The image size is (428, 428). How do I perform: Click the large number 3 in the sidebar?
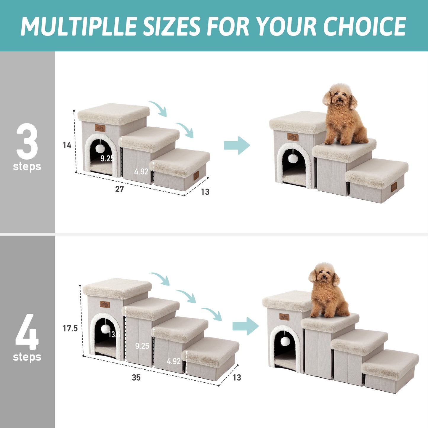coord(27,142)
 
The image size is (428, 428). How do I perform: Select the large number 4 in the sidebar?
coord(27,332)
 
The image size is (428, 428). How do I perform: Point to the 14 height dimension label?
coord(67,145)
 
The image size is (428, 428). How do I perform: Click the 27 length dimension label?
coord(119,189)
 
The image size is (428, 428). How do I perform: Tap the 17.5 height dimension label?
coord(70,328)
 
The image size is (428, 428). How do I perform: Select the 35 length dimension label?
coord(136,378)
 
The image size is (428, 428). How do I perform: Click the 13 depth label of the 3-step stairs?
coord(205,192)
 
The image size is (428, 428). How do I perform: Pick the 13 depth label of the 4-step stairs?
coord(237,378)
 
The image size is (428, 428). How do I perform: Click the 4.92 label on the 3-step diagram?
coord(141,171)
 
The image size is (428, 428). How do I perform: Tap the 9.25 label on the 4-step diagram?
coord(142,346)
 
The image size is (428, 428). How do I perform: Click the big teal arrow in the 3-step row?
coord(237,145)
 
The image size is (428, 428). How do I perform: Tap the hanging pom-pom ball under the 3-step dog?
coord(293,158)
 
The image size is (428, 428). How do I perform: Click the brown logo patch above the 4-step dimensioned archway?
coord(105,304)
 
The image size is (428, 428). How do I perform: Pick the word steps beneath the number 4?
coord(27,357)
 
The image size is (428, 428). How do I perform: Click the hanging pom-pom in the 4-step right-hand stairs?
coord(285,341)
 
